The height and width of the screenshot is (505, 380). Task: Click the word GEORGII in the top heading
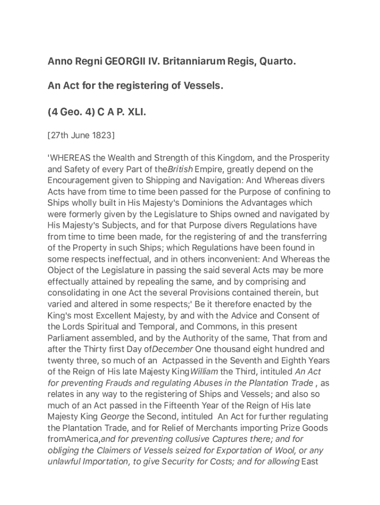point(123,62)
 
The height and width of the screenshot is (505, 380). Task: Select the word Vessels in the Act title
point(203,86)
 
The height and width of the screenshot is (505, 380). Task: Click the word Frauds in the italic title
point(127,383)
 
